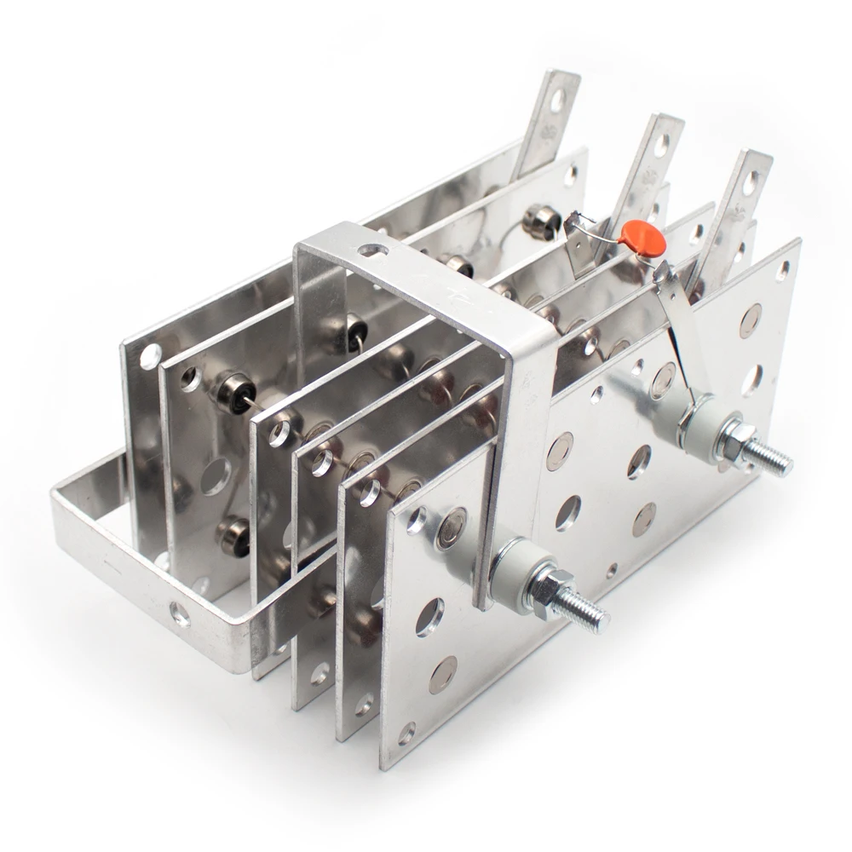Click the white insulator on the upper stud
click(693, 420)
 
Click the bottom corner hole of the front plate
click(407, 729)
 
